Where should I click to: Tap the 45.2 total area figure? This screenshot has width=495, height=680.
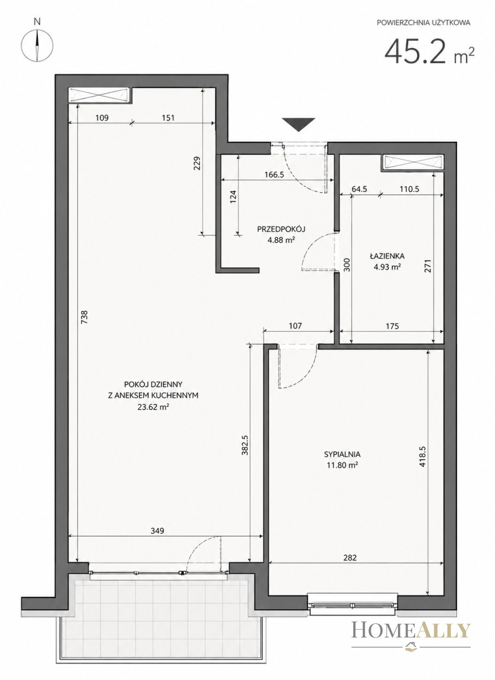point(416,52)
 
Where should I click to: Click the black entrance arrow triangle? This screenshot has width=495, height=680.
point(298,125)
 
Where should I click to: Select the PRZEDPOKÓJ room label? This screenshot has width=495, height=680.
point(281,229)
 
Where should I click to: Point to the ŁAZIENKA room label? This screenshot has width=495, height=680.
point(387,256)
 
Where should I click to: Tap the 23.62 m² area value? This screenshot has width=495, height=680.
point(153,407)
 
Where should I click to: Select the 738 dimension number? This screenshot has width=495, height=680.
point(84,317)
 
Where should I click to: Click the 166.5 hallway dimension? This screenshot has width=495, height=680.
point(274,175)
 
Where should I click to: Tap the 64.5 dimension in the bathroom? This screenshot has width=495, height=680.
point(359,189)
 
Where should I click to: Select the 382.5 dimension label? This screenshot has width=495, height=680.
point(246,445)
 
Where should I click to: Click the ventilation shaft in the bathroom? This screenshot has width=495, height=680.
point(412,161)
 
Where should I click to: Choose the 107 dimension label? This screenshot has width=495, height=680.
point(295,326)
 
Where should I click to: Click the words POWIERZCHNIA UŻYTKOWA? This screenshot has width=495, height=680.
point(424,23)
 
